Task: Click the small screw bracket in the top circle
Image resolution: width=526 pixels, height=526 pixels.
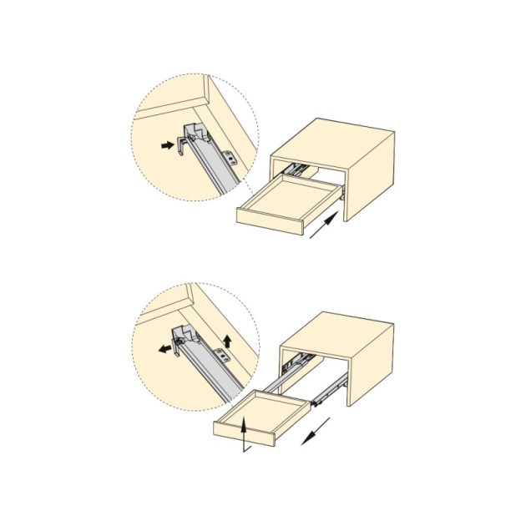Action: tap(231, 155)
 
